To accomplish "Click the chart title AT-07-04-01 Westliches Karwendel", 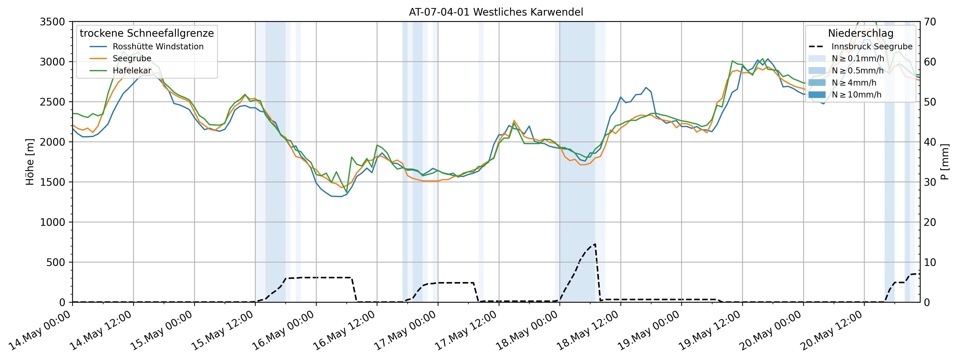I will pos(496,12).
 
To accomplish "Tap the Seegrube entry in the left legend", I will pos(132,58).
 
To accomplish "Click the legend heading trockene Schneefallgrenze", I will pos(147,33).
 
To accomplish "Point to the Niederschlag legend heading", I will pos(860,33).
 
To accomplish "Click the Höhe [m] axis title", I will pos(30,162).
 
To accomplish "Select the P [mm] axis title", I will pos(945,162).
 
